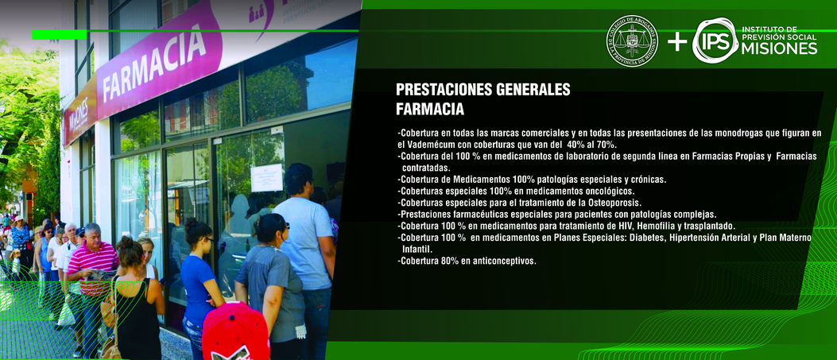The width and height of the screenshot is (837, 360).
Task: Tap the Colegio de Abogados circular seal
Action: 632,41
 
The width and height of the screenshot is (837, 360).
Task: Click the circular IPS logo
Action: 715,41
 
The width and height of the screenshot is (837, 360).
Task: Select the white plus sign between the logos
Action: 677,41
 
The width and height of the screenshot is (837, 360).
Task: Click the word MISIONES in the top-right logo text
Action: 779,48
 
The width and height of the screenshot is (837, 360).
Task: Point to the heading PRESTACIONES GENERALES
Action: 483,90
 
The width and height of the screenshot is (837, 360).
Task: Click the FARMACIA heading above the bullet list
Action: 430,110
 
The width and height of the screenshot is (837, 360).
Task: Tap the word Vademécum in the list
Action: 431,145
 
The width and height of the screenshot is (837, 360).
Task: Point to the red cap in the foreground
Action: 235,331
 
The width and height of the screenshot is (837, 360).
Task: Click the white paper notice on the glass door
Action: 267,177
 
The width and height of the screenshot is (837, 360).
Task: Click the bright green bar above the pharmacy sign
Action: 60,35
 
